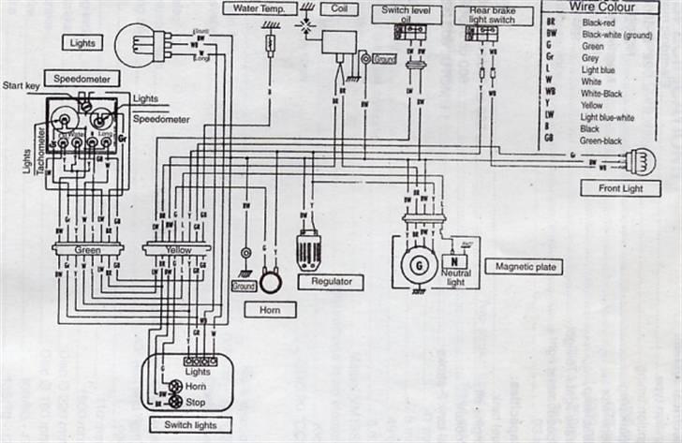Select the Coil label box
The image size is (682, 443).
coord(334,8)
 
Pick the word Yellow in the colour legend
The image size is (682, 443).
coord(593,105)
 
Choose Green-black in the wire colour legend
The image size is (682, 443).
coord(601,140)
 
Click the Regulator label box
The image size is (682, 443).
coord(330,281)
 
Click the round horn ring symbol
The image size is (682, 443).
coord(271,281)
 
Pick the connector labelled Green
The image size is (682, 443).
coord(89,250)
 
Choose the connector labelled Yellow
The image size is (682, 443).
coord(178,250)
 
